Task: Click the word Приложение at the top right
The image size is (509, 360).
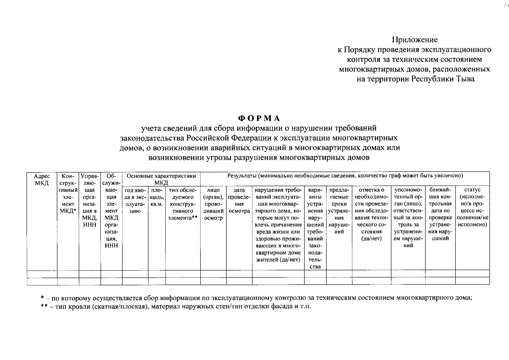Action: coord(415,40)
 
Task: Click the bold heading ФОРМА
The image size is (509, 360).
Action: coord(259,118)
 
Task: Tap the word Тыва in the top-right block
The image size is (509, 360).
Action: coord(466,79)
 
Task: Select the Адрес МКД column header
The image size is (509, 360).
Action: coord(42,179)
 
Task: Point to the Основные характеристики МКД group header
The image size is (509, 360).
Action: coord(161,179)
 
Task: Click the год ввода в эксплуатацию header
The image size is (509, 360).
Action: coord(135,200)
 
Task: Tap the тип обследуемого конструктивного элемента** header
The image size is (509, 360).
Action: coord(183,204)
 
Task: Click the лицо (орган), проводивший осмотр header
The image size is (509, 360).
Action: coord(213,204)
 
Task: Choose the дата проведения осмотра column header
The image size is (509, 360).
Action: coord(239,200)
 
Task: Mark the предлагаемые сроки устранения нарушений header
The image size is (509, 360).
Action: coord(339,211)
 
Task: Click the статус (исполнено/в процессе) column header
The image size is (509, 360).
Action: coord(472,207)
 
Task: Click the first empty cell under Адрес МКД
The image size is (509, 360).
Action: coord(42,274)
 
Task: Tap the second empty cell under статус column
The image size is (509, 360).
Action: coord(472,281)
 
